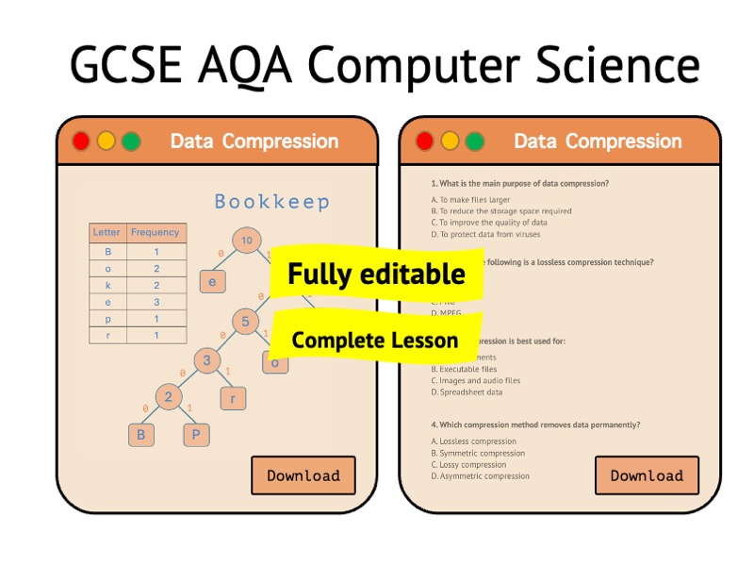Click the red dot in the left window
[x=81, y=141]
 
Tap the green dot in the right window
[x=475, y=141]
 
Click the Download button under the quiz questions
[x=646, y=475]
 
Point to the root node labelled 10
[x=246, y=241]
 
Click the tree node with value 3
[x=206, y=359]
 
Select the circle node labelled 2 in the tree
[x=168, y=397]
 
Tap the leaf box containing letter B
[x=140, y=434]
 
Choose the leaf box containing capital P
[x=196, y=434]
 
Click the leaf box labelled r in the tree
[x=233, y=398]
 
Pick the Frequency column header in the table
[x=155, y=232]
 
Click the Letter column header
[x=107, y=232]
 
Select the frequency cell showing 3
[x=156, y=302]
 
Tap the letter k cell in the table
[x=107, y=285]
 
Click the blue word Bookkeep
[x=272, y=202]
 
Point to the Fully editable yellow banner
[x=376, y=274]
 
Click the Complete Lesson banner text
[x=375, y=341]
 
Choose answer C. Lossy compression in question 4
[x=468, y=465]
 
